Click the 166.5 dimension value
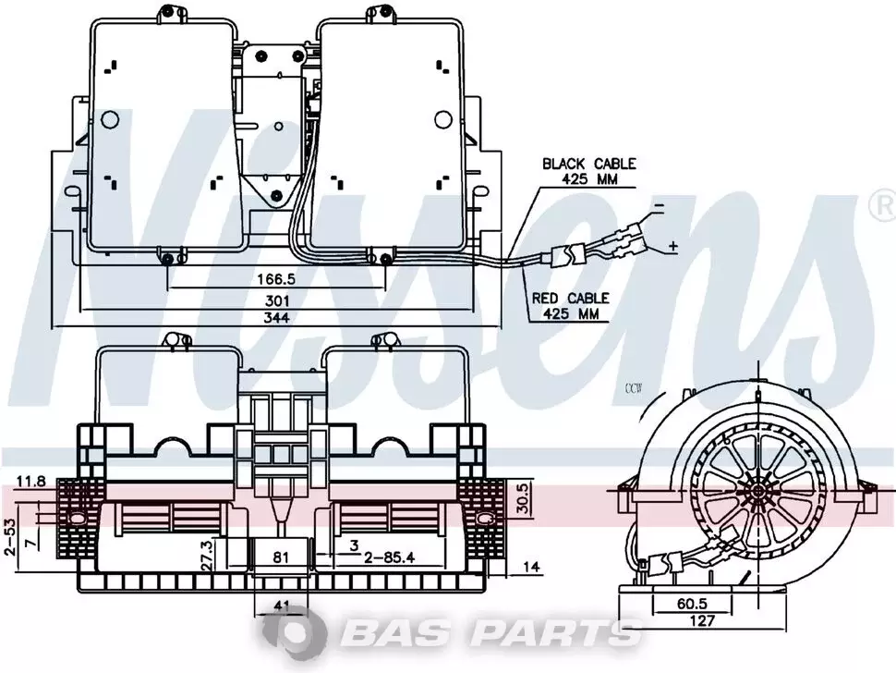(x=276, y=279)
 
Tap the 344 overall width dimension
(x=276, y=318)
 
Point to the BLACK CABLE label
(x=589, y=165)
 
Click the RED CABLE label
(x=571, y=298)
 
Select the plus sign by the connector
(x=673, y=247)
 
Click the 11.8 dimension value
(x=30, y=482)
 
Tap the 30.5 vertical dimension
(x=524, y=497)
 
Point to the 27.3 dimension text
(x=207, y=554)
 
